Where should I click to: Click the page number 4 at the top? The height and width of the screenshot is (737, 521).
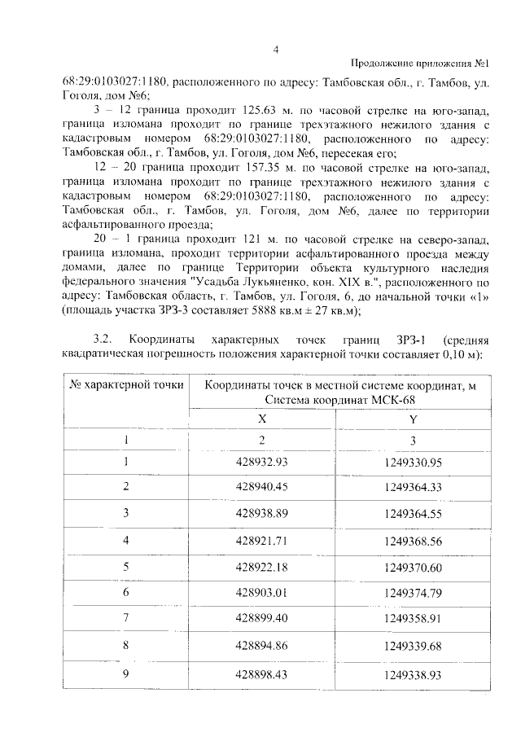(276, 48)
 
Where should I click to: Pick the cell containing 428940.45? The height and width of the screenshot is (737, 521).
(262, 487)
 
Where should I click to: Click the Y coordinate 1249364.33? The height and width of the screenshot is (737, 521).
(411, 487)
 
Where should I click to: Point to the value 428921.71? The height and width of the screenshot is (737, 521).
(262, 540)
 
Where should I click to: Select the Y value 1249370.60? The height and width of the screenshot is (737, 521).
(411, 567)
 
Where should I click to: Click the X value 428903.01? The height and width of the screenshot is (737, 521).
(262, 592)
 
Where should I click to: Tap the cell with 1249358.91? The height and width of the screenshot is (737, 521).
(411, 619)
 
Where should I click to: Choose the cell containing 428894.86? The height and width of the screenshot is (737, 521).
(262, 645)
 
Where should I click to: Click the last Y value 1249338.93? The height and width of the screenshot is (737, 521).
(411, 676)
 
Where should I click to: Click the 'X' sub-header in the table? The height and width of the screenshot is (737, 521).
(262, 417)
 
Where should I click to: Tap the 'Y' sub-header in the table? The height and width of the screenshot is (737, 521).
(412, 418)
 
